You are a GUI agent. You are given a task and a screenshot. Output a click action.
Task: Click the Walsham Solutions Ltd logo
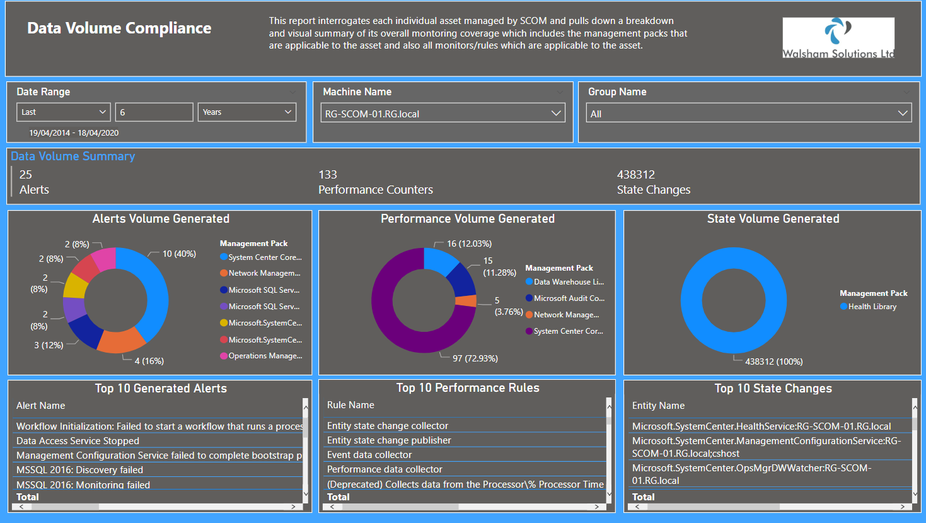tap(838, 38)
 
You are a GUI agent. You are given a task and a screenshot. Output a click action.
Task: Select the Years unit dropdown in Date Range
tap(246, 112)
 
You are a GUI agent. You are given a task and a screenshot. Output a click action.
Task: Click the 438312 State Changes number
tap(635, 175)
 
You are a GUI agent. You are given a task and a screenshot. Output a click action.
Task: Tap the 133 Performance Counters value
tap(327, 175)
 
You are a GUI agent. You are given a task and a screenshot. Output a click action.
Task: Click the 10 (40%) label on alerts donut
tap(179, 254)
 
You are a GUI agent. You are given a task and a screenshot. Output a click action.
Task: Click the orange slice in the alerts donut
tap(121, 341)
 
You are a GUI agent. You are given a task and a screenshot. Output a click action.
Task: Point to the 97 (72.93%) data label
tap(475, 358)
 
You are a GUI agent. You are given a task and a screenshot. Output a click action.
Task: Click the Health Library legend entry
tap(872, 307)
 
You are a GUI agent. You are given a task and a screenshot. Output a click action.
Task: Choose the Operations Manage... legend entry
tap(265, 356)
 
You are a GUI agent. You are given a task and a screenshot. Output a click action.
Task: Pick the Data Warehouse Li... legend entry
tap(568, 282)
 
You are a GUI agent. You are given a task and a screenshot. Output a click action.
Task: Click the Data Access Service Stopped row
tap(78, 441)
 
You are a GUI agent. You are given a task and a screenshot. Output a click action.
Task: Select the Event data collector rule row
tap(369, 455)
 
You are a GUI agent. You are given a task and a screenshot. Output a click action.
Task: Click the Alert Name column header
tap(40, 406)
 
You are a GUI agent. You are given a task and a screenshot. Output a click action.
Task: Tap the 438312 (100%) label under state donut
tap(773, 361)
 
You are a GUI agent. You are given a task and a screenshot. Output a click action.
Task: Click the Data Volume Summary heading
tap(72, 156)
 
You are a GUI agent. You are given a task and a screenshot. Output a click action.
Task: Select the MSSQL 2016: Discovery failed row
tap(79, 470)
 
